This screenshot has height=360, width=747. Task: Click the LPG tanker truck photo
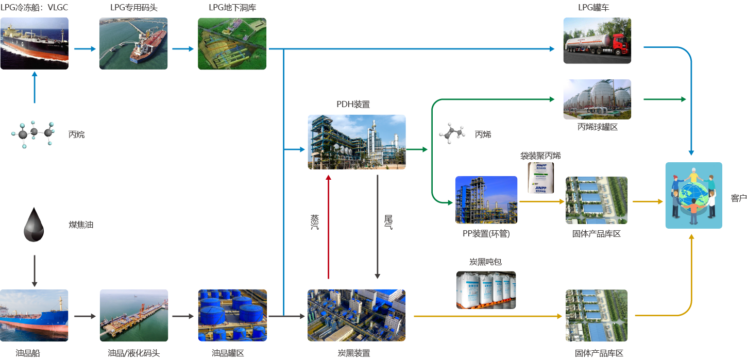(x=597, y=41)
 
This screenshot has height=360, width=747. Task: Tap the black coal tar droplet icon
(x=34, y=225)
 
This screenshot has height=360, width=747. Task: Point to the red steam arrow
(x=328, y=227)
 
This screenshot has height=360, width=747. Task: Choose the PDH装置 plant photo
(x=356, y=142)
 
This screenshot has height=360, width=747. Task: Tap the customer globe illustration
(x=693, y=195)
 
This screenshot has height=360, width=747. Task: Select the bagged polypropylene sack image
(x=540, y=178)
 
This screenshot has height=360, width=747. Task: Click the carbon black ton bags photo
(x=485, y=289)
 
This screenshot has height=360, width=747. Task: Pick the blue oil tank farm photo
(x=232, y=315)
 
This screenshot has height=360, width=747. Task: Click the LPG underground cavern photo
(x=232, y=44)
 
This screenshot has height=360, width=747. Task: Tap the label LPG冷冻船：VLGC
(x=34, y=8)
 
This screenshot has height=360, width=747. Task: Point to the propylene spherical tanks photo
(x=597, y=99)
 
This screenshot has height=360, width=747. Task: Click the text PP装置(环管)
(x=486, y=234)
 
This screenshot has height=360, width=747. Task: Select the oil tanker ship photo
(x=34, y=315)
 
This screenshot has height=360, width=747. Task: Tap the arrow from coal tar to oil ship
(x=35, y=270)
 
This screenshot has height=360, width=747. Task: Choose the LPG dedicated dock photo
(x=133, y=44)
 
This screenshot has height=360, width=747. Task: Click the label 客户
(x=738, y=198)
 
